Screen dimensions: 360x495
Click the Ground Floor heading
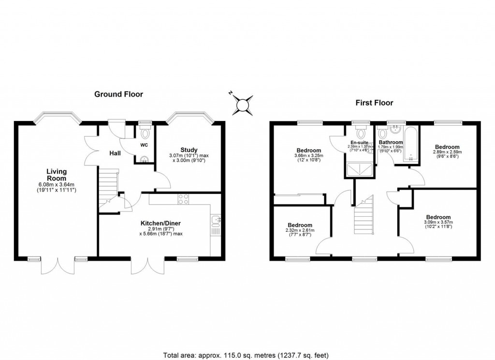point(118,94)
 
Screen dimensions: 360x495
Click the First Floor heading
point(374,103)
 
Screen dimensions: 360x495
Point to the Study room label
point(189,150)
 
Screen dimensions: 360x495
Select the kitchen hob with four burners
point(184,199)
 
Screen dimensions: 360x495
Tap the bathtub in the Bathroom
point(411,144)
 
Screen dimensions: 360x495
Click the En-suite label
point(359,143)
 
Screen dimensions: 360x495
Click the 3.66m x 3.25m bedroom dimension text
point(309,155)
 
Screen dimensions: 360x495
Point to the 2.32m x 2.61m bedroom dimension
point(300,232)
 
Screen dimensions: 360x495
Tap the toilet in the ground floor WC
point(144,132)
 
